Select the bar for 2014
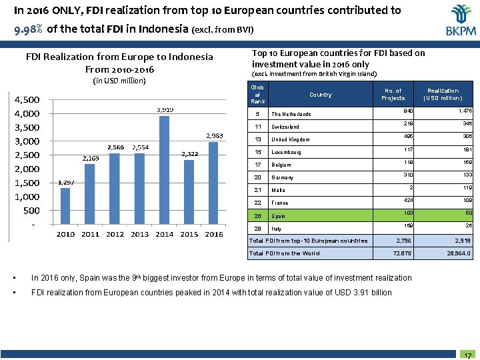click(x=165, y=169)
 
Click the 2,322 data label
click(x=190, y=154)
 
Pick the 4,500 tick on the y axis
click(x=28, y=99)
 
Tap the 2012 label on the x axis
click(x=115, y=235)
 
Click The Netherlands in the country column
click(x=291, y=114)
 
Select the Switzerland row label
click(x=285, y=127)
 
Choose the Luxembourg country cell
click(x=287, y=152)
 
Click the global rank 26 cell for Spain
click(x=257, y=215)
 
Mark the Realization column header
click(x=443, y=94)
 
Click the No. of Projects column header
click(x=393, y=94)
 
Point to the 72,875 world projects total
click(x=404, y=253)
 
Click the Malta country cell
click(x=279, y=190)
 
